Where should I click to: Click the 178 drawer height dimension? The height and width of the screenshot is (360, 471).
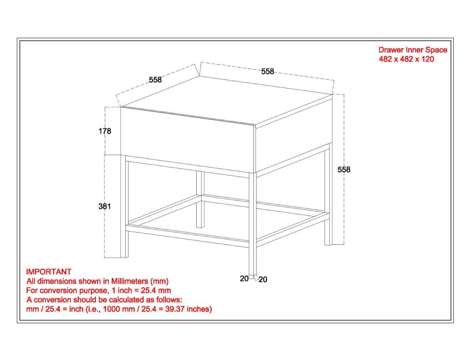coord(105,131)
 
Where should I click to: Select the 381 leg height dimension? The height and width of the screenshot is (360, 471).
coord(105,207)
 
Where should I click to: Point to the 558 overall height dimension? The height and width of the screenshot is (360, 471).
coord(344,169)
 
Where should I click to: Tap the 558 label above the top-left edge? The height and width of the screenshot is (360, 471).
coord(155,80)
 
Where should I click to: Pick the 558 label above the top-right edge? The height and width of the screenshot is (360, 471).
coord(268,71)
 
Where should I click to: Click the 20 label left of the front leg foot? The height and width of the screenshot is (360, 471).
coord(244,279)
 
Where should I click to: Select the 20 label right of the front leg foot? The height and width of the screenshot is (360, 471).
coord(263,280)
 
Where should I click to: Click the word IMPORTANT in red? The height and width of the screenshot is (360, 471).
coord(49,272)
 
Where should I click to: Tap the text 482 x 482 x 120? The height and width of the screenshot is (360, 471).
coord(406,59)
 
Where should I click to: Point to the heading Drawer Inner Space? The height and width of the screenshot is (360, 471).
coord(412,50)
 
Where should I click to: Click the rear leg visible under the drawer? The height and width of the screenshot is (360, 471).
coord(200,199)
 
